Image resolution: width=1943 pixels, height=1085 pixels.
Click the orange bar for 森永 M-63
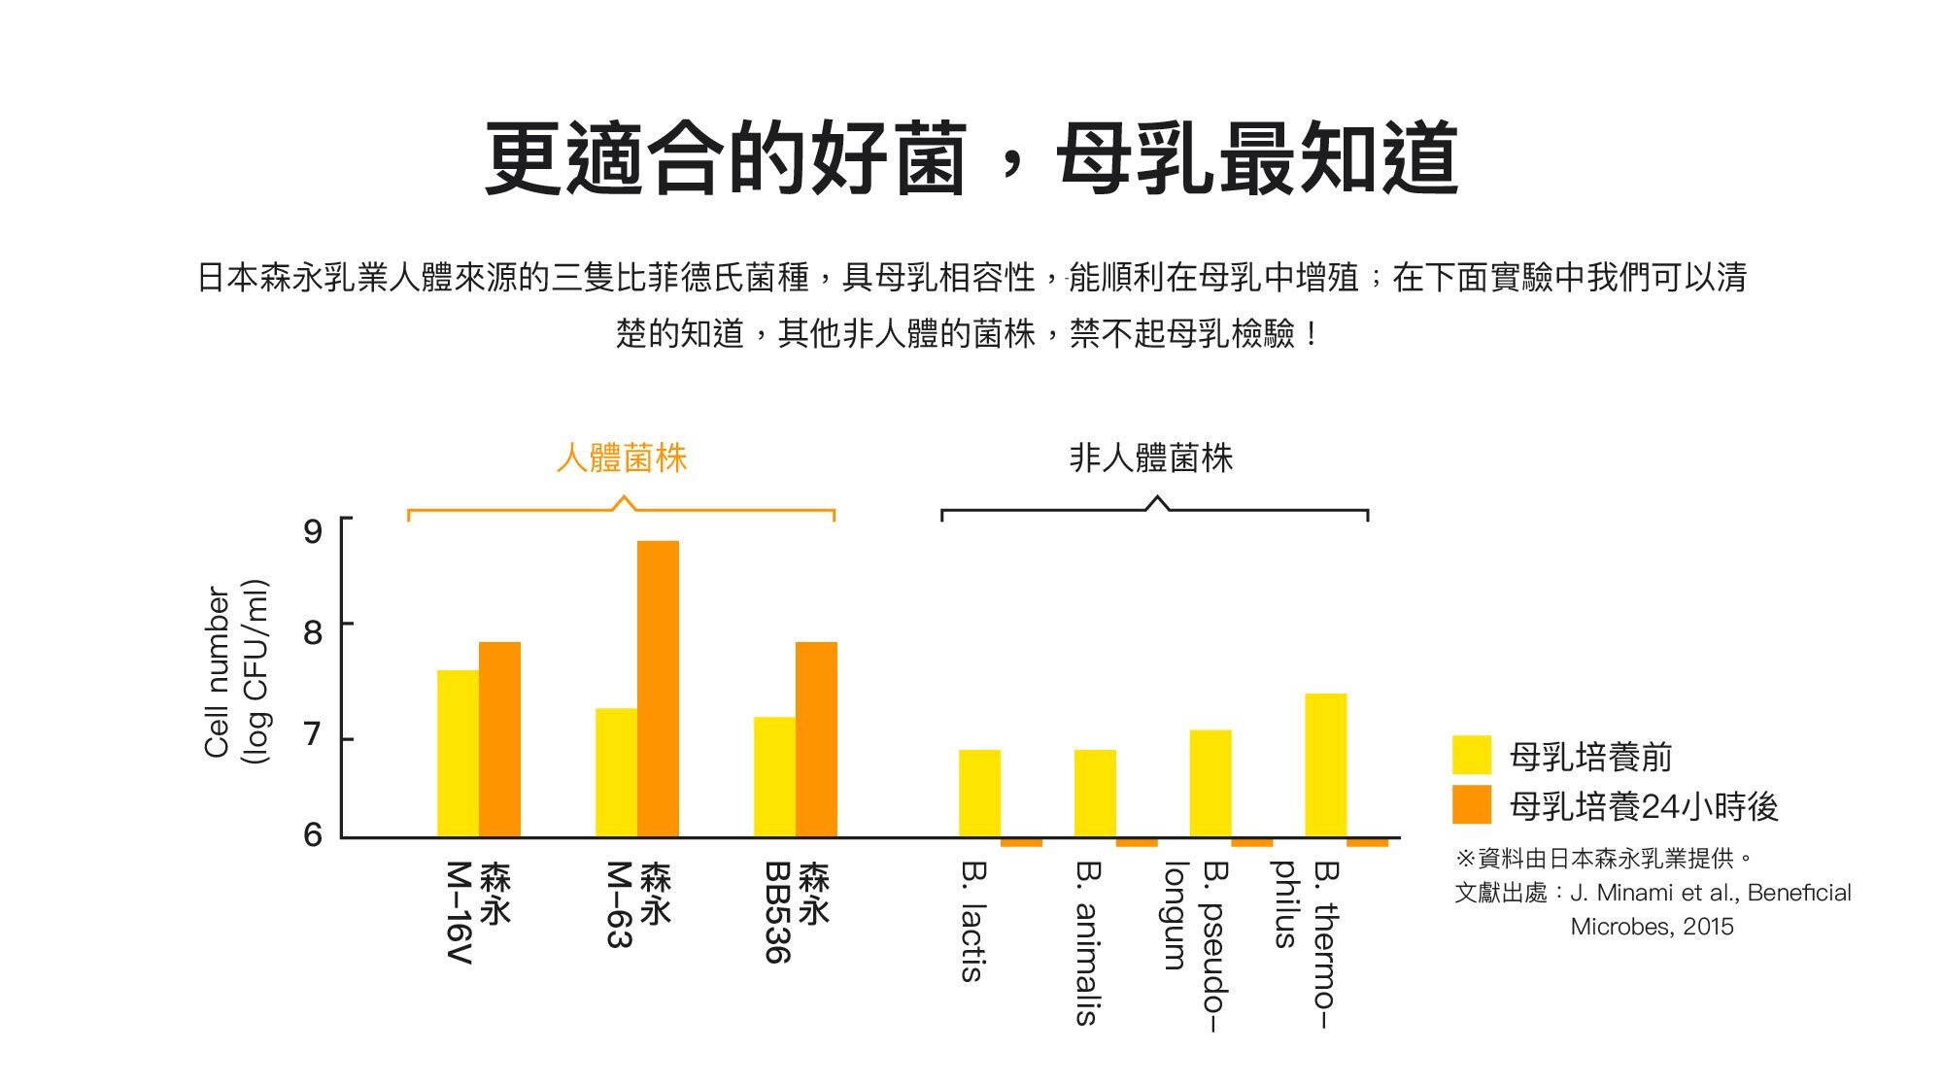[658, 689]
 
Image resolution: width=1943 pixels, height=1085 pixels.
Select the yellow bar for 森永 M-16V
[458, 753]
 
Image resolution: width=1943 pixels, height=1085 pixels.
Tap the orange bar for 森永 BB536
[816, 739]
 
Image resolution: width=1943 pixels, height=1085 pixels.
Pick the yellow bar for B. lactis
[979, 793]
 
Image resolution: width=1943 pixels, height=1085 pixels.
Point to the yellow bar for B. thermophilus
[1326, 764]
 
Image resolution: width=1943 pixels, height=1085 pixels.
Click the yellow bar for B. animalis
[1095, 793]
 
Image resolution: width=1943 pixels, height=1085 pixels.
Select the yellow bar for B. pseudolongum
[1210, 783]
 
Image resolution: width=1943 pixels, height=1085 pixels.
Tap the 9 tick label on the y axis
[313, 530]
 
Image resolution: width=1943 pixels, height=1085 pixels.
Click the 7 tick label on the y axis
[313, 735]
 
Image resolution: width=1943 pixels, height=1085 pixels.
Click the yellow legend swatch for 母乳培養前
[1471, 756]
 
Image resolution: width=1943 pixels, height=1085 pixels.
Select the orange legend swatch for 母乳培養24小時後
[1471, 805]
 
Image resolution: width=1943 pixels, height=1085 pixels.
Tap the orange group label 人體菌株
[622, 458]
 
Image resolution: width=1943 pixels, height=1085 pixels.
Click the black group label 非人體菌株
[1151, 458]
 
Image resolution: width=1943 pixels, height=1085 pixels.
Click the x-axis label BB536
[778, 912]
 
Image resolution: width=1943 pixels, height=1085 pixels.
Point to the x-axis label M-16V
[460, 912]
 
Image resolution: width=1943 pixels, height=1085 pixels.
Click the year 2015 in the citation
[1708, 926]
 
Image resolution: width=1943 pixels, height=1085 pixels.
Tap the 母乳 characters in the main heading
[1137, 157]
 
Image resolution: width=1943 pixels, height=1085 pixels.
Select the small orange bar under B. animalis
[1137, 842]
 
